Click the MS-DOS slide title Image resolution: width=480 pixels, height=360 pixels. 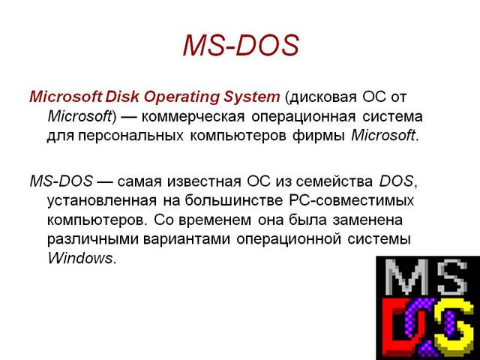[x=241, y=46]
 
